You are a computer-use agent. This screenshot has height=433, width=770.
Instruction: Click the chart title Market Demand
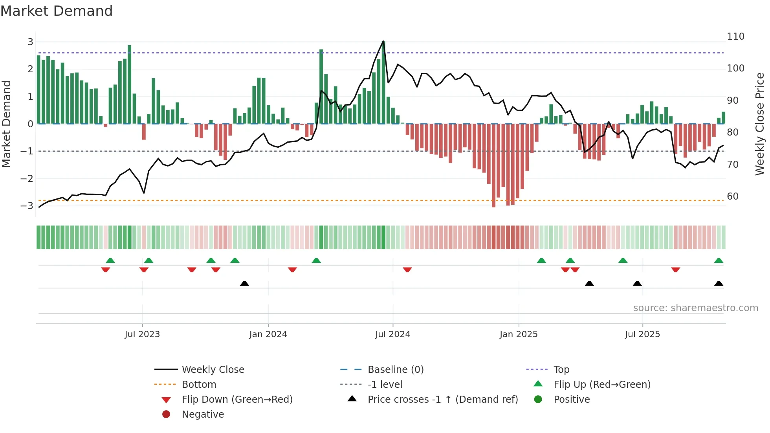57,11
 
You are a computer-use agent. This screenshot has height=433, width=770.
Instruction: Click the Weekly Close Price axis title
760,124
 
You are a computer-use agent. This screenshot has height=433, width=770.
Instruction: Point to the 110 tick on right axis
735,37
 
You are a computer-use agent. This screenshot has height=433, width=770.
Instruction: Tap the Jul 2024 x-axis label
392,334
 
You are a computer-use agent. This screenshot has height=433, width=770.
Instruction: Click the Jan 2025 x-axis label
518,334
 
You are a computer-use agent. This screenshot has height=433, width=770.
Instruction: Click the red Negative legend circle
166,414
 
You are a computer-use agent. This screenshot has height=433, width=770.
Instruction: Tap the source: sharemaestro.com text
695,308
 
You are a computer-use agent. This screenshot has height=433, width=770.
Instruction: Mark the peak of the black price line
383,41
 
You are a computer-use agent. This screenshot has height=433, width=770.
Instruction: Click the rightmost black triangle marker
719,283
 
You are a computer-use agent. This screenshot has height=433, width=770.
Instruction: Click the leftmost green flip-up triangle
110,261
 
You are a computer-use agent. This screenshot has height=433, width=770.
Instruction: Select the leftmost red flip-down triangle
105,270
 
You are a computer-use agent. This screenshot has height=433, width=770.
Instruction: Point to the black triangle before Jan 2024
244,283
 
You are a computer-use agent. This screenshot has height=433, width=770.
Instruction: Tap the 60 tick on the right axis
733,196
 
